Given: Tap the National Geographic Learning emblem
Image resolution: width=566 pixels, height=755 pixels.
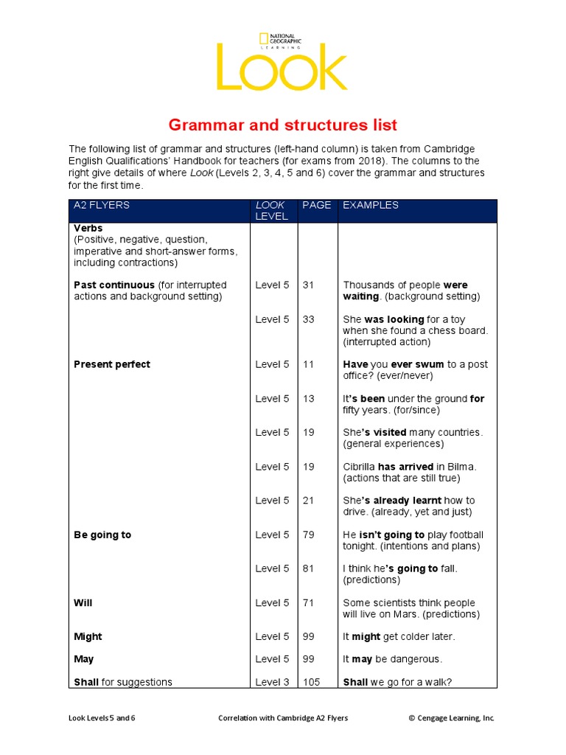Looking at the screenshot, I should pos(276,41).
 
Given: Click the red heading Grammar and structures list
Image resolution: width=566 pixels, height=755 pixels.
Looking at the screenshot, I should pos(283,125).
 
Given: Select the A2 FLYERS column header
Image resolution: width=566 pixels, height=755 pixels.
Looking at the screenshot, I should pos(102,206).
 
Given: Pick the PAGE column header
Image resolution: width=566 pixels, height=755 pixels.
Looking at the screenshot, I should pos(317,206).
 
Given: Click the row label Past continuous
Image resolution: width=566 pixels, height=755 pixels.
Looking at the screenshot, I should pos(114,285).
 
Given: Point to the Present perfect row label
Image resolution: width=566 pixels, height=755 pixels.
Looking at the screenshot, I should pos(112,364).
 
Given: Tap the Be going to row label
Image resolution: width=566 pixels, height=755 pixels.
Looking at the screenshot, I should pos(102,535).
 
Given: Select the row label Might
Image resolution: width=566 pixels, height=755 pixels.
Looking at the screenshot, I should pos(88,637).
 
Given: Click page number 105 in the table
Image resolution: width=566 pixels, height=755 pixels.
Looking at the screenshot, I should pos(312,683).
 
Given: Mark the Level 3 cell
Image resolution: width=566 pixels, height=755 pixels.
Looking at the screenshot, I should pos(272,683).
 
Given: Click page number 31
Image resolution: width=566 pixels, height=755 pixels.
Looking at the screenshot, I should pos(308,285).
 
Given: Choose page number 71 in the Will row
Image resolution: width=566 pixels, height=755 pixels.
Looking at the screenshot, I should pos(308,603).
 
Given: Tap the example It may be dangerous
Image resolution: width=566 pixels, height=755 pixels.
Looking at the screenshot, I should pos(393,659).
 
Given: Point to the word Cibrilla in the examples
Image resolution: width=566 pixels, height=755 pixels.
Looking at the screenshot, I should pos(359,467).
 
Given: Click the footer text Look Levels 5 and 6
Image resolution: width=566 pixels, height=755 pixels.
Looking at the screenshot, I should pos(102,718).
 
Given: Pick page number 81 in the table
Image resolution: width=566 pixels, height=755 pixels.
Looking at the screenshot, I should pos(308,569).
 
